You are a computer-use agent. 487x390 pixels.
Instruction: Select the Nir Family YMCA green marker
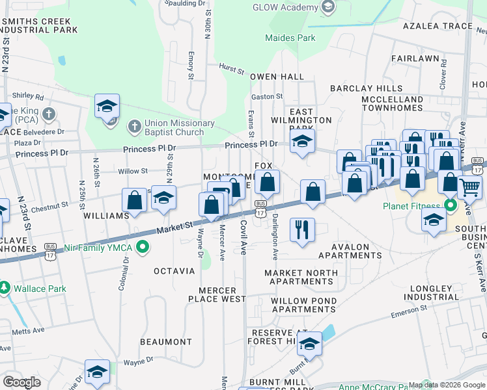(x=146, y=248)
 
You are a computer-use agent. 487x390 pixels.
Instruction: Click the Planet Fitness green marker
(x=449, y=206)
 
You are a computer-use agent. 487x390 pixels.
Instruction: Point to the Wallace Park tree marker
(x=5, y=287)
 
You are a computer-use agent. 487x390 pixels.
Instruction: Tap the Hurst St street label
(x=231, y=68)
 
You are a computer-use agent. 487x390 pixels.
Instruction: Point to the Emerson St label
(x=408, y=314)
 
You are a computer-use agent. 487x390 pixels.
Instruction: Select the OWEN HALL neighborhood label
(x=277, y=77)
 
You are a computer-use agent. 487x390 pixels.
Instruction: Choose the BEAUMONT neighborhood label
(x=166, y=342)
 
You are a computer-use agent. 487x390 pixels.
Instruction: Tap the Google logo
(x=21, y=382)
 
